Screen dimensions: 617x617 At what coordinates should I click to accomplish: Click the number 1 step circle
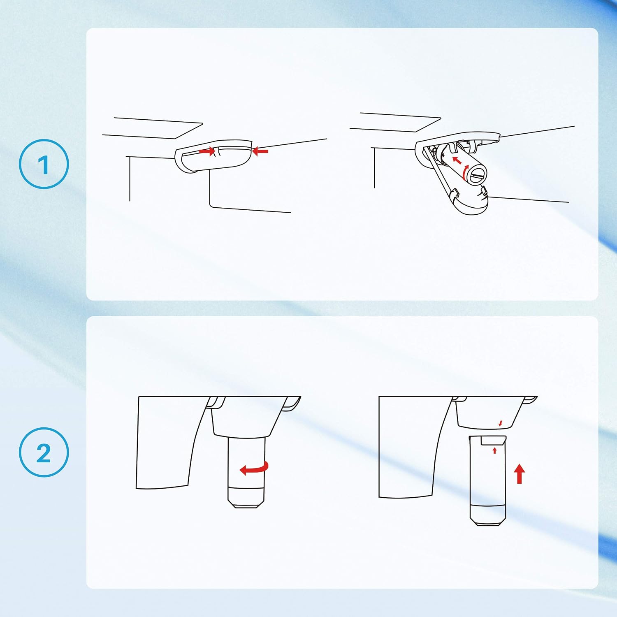coord(44,164)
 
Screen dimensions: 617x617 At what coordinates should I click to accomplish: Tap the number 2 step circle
coord(44,452)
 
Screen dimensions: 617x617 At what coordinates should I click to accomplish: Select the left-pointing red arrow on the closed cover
coord(260,151)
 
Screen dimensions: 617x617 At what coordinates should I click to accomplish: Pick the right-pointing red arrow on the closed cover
coord(207,151)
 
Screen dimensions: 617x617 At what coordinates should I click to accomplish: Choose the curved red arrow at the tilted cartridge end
coord(465,172)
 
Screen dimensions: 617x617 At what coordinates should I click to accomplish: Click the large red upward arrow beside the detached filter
coord(520,473)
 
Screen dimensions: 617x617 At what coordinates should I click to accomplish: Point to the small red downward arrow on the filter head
coord(500,423)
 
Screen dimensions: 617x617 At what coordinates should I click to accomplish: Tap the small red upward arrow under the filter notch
coord(494,451)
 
